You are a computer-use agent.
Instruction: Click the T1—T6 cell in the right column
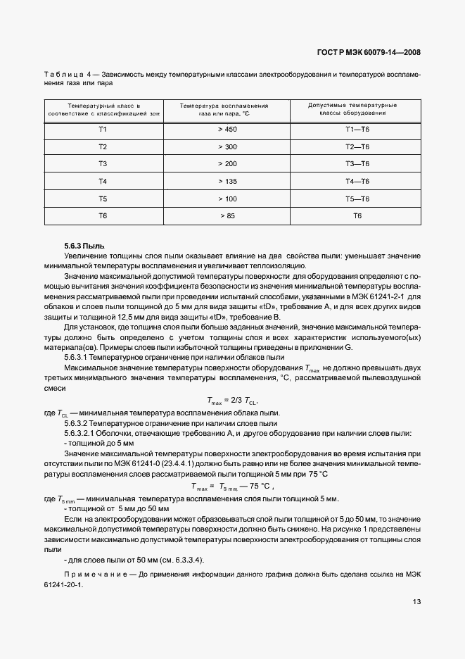pos(357,130)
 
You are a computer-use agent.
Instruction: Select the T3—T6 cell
pos(357,163)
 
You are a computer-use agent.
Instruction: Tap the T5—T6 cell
pos(357,199)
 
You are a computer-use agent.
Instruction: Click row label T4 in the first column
pos(102,181)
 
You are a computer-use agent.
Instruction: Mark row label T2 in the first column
pos(102,146)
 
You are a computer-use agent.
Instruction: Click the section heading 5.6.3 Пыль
pos(84,246)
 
